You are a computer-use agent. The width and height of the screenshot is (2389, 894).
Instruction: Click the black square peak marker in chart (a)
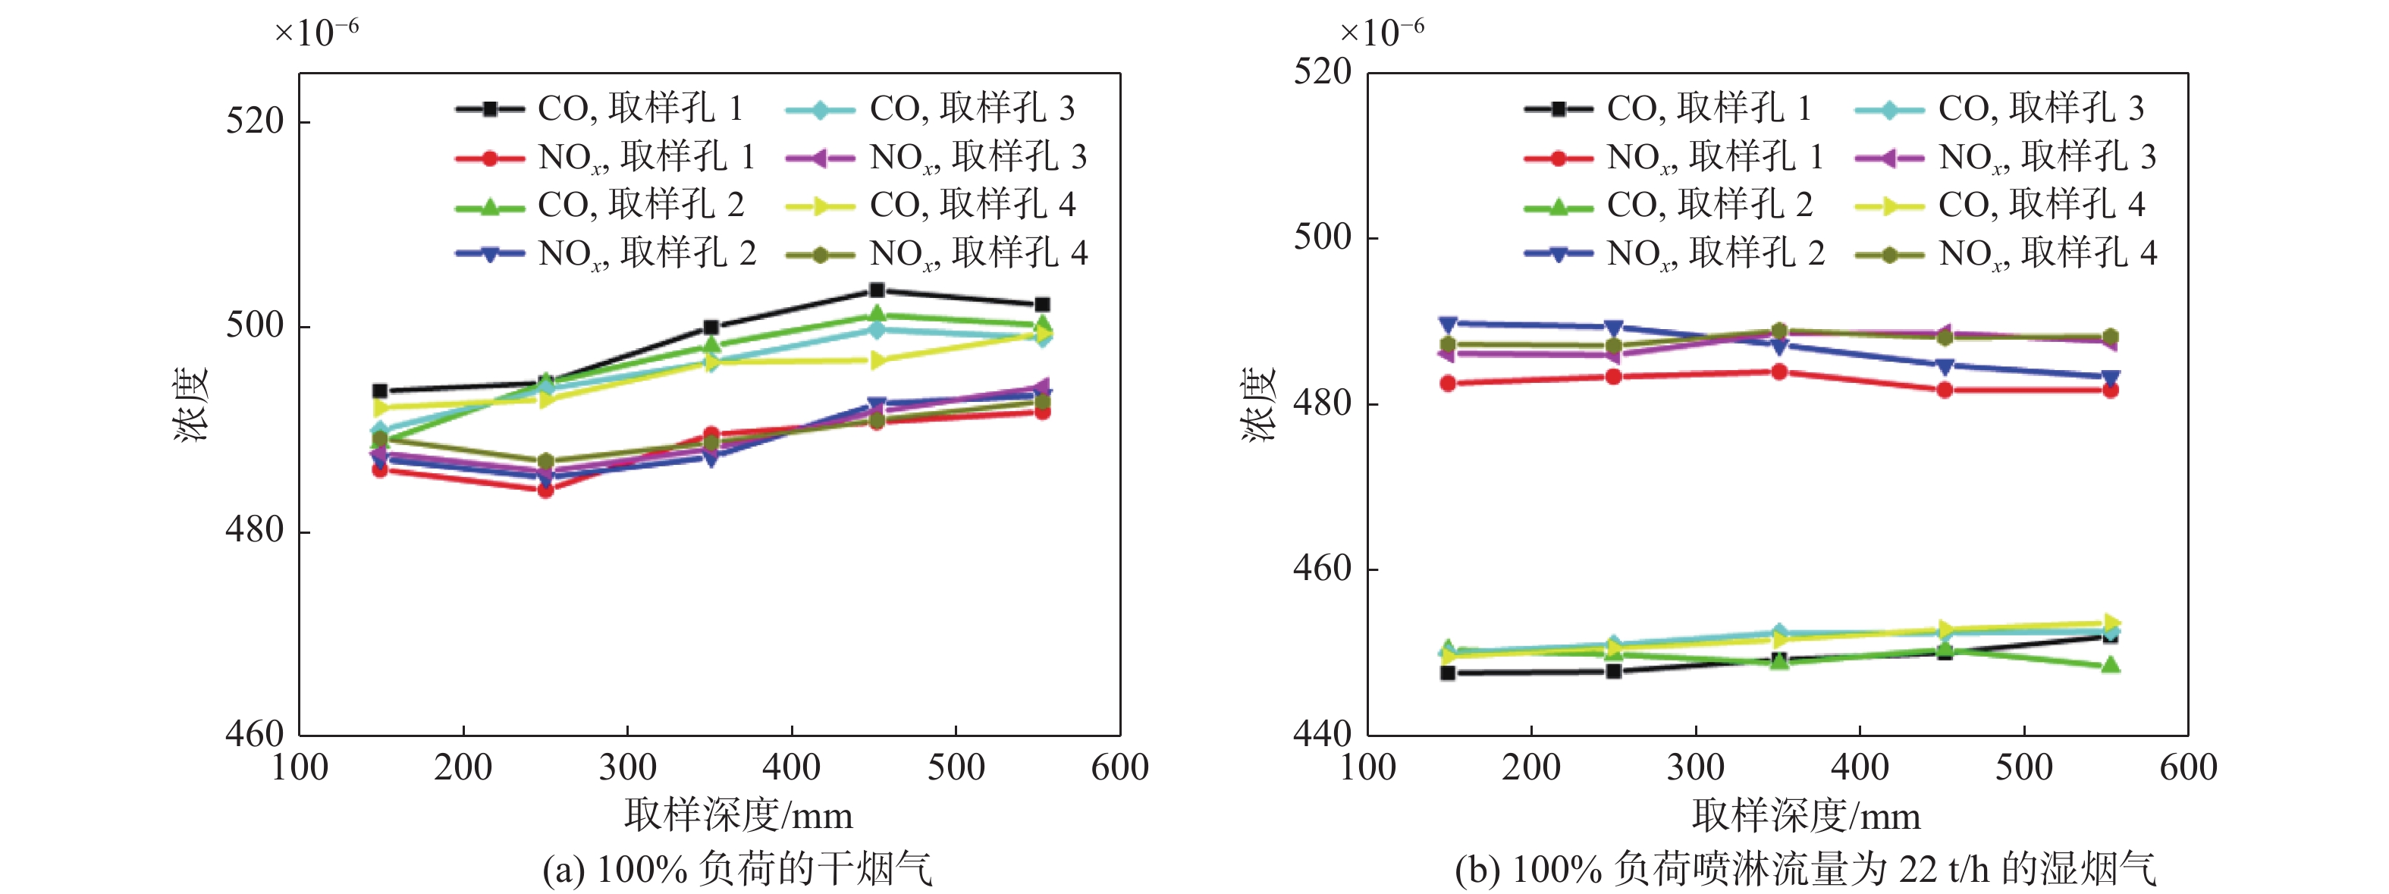pyautogui.click(x=877, y=290)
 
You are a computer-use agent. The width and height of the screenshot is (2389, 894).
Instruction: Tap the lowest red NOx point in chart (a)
pyautogui.click(x=545, y=490)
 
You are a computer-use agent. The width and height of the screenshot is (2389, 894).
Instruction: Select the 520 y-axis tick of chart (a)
pyautogui.click(x=254, y=121)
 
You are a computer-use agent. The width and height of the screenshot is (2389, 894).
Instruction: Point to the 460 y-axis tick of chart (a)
pyautogui.click(x=254, y=735)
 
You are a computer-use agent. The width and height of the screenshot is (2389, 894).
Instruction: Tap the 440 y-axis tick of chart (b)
pyautogui.click(x=1323, y=735)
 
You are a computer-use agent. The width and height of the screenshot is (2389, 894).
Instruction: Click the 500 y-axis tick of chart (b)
pyautogui.click(x=1323, y=237)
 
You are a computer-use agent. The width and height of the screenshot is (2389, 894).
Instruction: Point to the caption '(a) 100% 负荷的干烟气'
pyautogui.click(x=737, y=869)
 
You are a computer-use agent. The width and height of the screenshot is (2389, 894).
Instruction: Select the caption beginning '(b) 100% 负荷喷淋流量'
pyautogui.click(x=1805, y=869)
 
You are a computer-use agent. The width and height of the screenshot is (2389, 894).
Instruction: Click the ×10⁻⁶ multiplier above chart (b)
pyautogui.click(x=1382, y=33)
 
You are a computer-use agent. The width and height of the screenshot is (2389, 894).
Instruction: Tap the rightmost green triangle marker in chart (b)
pyautogui.click(x=2110, y=665)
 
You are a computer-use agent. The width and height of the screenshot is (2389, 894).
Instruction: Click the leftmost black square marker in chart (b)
pyautogui.click(x=1448, y=673)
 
